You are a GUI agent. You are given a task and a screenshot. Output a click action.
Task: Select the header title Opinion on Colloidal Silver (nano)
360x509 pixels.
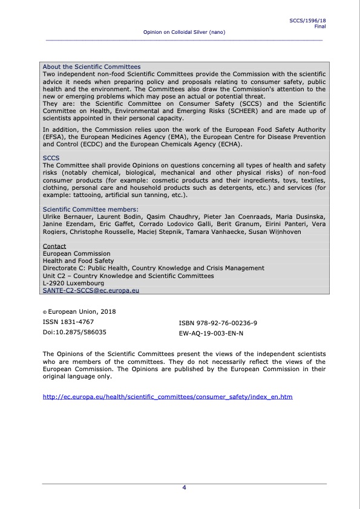click(184, 32)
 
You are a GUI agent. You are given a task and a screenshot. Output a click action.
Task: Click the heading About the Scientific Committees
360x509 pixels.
click(91, 66)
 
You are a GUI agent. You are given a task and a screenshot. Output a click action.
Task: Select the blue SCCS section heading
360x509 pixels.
click(51, 157)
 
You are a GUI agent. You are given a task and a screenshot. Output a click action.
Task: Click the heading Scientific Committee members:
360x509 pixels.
click(90, 209)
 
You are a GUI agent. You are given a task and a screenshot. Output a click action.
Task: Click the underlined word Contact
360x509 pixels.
click(54, 246)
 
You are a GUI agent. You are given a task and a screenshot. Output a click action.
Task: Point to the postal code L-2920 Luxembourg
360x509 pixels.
click(73, 283)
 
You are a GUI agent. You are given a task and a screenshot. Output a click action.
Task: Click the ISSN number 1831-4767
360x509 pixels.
click(68, 322)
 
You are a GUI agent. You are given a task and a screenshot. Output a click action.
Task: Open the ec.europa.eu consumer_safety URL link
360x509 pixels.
click(168, 397)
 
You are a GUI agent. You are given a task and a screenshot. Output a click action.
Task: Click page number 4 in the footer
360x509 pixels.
click(184, 488)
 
